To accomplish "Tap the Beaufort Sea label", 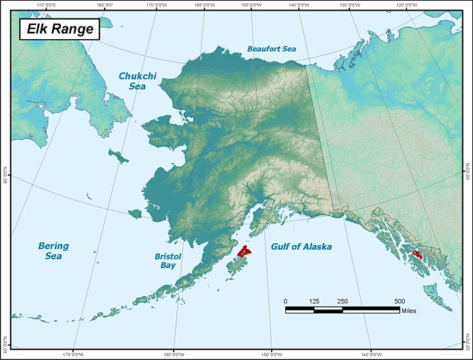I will [271, 49].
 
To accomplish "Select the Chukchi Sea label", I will [137, 81].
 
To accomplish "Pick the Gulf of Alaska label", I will [301, 247].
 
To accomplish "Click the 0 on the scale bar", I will [285, 301].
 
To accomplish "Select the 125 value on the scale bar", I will [314, 301].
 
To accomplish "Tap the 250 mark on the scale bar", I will [343, 301].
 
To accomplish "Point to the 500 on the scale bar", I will [399, 301].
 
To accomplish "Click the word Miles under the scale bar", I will [408, 311].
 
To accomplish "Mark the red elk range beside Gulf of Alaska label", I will [243, 253].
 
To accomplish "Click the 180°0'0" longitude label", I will [105, 5].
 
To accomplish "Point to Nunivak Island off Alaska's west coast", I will [134, 214].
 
